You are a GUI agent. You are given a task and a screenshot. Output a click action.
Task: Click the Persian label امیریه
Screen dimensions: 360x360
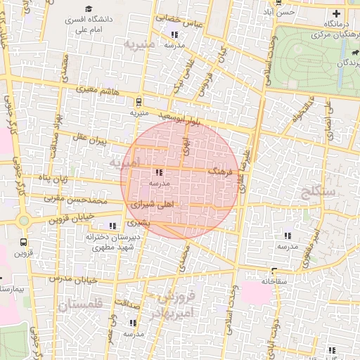coord(125,162)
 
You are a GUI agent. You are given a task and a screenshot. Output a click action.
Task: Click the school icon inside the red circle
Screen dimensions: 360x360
coord(159,172)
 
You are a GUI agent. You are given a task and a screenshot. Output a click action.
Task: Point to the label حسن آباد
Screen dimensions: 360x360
coord(284,13)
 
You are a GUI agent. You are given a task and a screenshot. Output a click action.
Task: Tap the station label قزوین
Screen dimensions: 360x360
coord(24,253)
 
